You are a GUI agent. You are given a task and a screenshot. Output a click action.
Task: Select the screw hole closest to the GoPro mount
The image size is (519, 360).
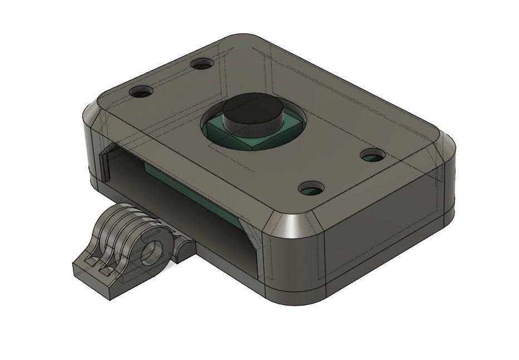pos(140,90)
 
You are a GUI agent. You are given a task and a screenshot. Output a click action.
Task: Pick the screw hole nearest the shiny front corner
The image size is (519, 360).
pos(313,188)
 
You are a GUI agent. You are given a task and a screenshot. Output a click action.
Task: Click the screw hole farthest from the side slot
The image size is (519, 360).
pos(371,155)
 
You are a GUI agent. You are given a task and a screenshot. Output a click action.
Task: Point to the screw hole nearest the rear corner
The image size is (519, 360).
pos(202,64)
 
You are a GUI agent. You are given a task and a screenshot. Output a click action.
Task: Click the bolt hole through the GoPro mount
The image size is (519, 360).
pos(150,254)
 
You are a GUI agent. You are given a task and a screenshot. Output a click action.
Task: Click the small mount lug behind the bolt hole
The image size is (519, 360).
pos(181,251)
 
